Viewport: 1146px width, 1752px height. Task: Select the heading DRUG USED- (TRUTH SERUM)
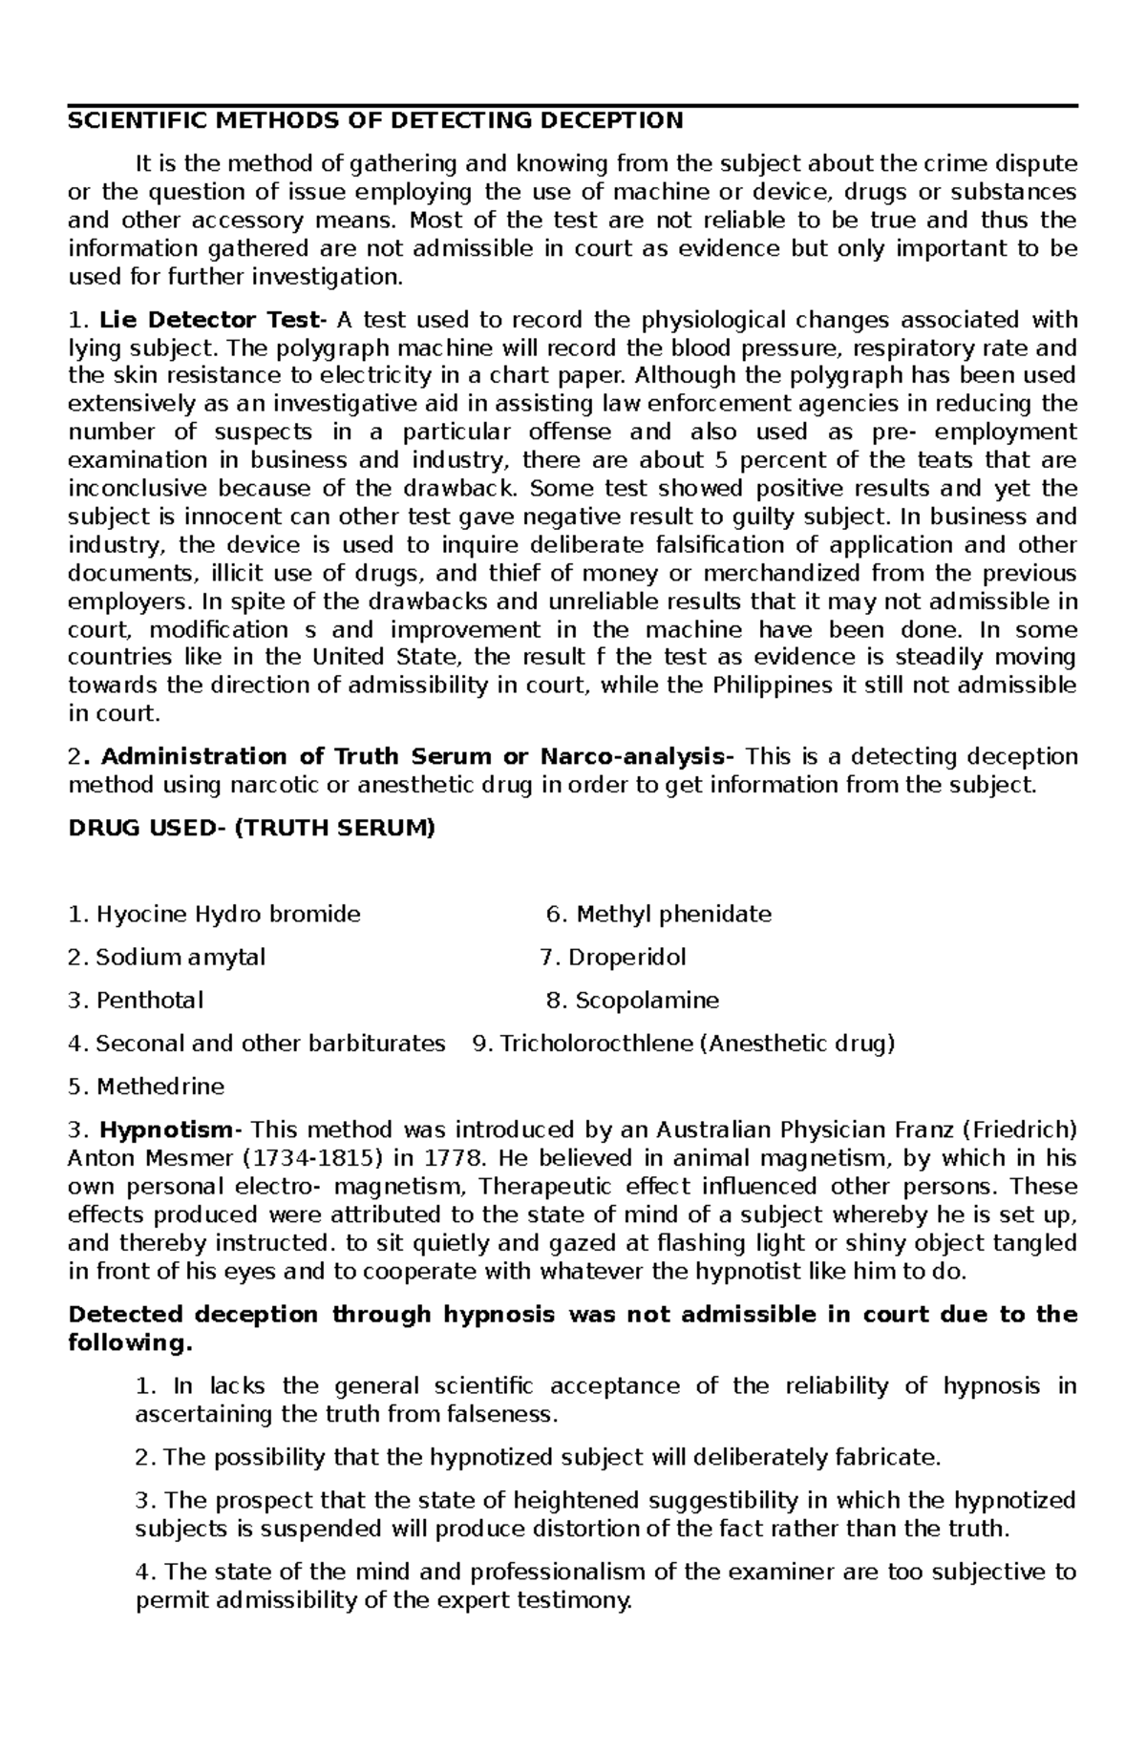point(251,829)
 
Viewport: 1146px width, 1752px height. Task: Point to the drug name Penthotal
point(149,1001)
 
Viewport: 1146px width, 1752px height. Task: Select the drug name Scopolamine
point(647,1001)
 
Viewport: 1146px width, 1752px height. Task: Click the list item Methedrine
point(159,1087)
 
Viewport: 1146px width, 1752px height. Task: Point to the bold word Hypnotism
point(166,1130)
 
